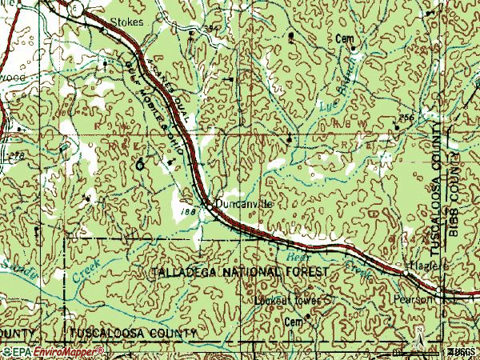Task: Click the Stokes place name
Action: pyautogui.click(x=127, y=22)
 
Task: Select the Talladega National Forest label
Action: pyautogui.click(x=239, y=273)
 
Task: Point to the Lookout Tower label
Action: pyautogui.click(x=286, y=301)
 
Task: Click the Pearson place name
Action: pyautogui.click(x=414, y=299)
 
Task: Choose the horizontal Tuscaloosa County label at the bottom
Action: pyautogui.click(x=133, y=332)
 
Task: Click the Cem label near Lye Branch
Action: pyautogui.click(x=345, y=38)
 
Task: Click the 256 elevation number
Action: pyautogui.click(x=406, y=118)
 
